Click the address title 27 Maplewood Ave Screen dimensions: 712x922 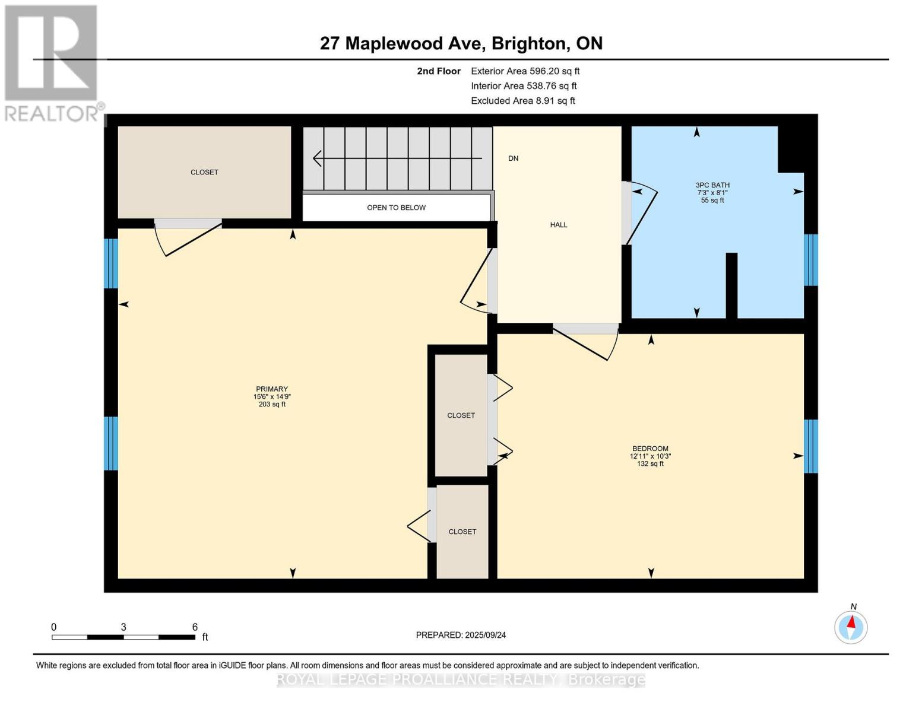pyautogui.click(x=461, y=43)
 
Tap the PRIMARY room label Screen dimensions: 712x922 pyautogui.click(x=272, y=389)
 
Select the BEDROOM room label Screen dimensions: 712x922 pyautogui.click(x=650, y=449)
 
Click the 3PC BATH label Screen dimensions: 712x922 pyautogui.click(x=712, y=185)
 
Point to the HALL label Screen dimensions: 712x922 pyautogui.click(x=558, y=225)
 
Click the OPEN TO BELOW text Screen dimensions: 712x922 pyautogui.click(x=396, y=208)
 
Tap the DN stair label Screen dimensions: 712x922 pyautogui.click(x=513, y=158)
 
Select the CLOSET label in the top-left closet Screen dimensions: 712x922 pyautogui.click(x=204, y=172)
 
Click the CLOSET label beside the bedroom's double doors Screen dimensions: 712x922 pyautogui.click(x=461, y=415)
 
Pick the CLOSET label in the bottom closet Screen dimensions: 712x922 pyautogui.click(x=462, y=532)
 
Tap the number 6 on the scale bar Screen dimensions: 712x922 pyautogui.click(x=195, y=627)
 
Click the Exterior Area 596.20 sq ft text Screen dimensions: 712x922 pyautogui.click(x=525, y=71)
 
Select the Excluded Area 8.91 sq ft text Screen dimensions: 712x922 pyautogui.click(x=522, y=101)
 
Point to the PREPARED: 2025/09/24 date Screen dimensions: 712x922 pyautogui.click(x=461, y=635)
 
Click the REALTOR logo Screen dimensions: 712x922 pyautogui.click(x=52, y=62)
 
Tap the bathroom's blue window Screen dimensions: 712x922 pyautogui.click(x=810, y=260)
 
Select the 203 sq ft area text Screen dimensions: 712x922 pyautogui.click(x=272, y=405)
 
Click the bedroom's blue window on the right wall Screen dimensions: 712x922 pyautogui.click(x=810, y=446)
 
